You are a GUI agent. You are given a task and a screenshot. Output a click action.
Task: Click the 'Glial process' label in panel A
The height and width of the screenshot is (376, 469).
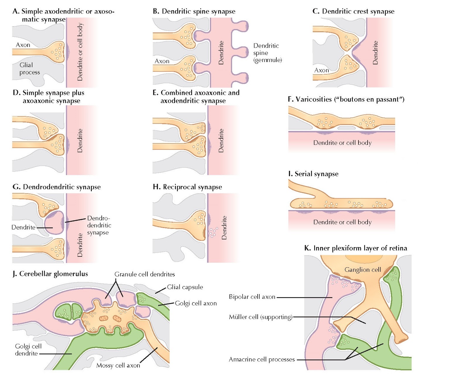coord(29,68)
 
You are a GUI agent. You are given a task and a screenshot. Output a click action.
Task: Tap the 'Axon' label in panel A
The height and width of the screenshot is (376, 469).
coord(23,45)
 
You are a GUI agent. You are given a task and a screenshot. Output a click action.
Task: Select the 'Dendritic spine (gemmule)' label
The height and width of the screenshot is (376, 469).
coord(267,53)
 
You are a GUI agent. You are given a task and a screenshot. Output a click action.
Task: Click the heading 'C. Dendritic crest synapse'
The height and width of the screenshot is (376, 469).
coord(353,11)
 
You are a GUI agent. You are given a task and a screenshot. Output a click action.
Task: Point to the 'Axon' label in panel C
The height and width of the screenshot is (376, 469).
coord(322,70)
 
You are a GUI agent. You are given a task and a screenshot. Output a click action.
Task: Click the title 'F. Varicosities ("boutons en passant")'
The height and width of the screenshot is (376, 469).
coord(346,99)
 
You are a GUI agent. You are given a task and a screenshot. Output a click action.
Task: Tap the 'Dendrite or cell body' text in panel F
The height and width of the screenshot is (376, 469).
coord(342,143)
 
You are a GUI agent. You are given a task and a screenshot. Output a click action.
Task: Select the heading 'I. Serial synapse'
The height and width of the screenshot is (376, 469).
coord(313,174)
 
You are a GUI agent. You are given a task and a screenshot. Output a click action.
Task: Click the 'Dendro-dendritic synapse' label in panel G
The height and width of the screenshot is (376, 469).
coord(99,225)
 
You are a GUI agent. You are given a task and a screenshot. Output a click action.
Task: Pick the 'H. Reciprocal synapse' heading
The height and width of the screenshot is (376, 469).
coord(187,187)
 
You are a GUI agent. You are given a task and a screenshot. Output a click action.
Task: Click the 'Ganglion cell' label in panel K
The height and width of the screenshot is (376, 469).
coord(362,270)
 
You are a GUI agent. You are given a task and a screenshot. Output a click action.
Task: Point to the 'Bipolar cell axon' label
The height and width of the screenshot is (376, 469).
coord(252,297)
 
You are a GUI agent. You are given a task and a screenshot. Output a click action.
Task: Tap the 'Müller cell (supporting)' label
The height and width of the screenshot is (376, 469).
coord(261,317)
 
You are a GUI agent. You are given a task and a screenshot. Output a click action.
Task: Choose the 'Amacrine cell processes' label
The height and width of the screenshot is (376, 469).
coord(261,359)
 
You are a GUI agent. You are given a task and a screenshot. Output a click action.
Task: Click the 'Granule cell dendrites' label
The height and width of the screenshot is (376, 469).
coord(145,274)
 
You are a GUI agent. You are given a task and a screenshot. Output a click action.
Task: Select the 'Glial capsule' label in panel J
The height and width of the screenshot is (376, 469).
coord(185,287)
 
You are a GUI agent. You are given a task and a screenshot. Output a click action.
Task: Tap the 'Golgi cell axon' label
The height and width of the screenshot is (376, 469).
coord(196,303)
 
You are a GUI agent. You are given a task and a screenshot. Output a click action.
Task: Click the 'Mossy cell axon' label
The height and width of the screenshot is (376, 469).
coord(118,365)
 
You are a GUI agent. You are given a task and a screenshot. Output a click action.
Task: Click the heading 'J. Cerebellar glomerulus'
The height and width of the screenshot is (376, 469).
coord(50,274)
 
